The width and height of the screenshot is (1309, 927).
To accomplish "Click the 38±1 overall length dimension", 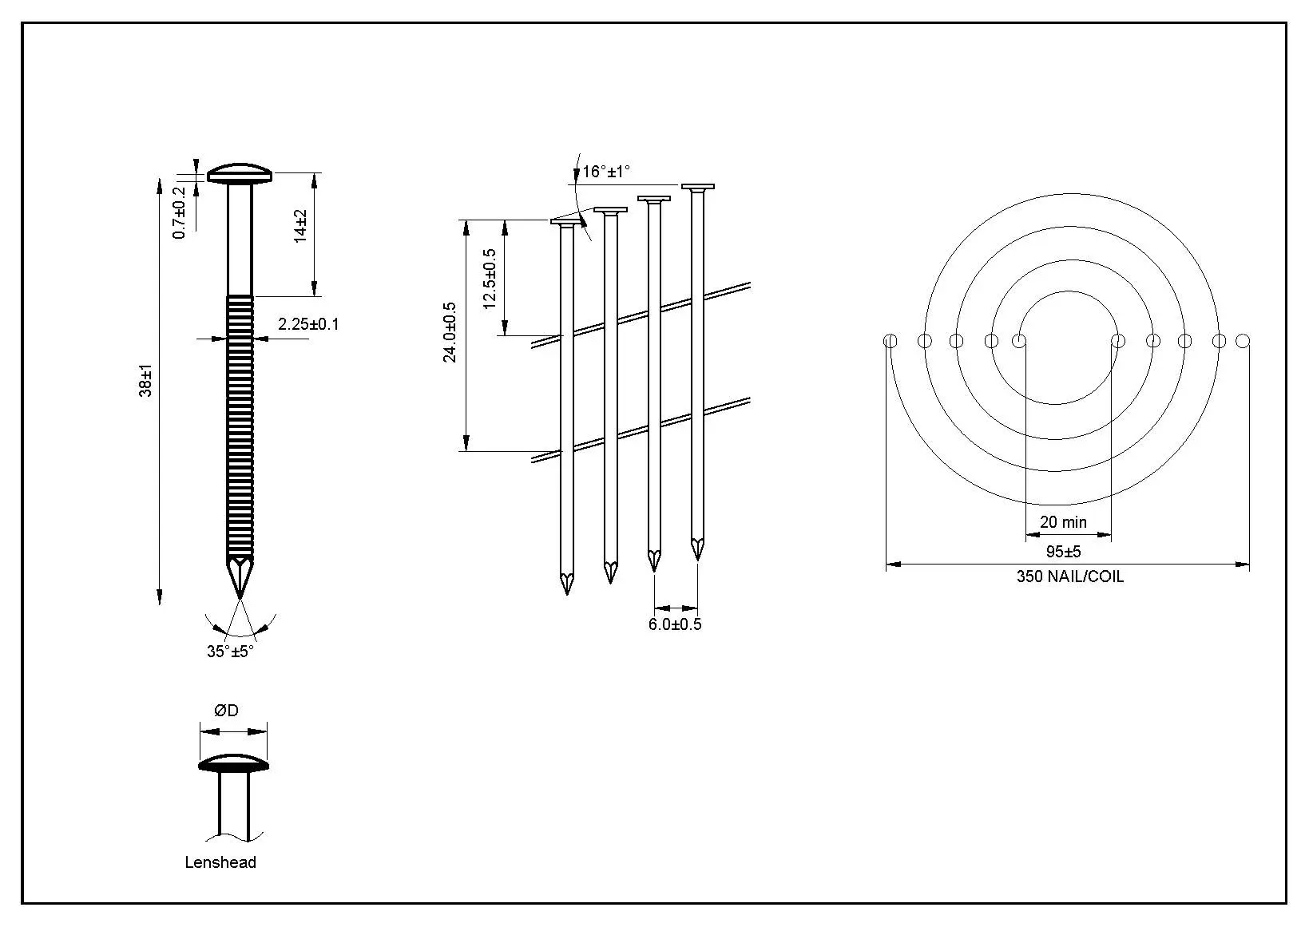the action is coord(145,381).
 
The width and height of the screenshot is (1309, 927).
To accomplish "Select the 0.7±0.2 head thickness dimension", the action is coord(180,212).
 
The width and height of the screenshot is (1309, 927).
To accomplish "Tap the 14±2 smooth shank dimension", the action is coord(300,226).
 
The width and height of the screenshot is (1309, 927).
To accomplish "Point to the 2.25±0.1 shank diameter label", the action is coord(308,324).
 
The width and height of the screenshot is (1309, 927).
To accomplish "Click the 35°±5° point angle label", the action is coord(230,652).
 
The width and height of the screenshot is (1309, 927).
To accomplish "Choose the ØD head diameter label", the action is coord(226,711).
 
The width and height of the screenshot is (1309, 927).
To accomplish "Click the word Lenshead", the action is coord(220,862).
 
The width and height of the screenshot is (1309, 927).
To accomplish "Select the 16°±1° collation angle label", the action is coord(607,171).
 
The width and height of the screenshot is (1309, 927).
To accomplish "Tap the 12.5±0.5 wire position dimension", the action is coord(490,279).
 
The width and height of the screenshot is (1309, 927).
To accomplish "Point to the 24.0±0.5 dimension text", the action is coord(450,332).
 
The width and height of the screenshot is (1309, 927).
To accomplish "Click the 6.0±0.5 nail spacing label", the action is coord(675,624).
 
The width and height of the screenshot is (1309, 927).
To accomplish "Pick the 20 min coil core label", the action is coord(1063,521).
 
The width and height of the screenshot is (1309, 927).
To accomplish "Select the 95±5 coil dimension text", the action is coord(1064,552).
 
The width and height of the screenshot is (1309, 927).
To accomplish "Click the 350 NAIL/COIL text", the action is coord(1070,576).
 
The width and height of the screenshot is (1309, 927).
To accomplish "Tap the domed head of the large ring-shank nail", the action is coord(240,173).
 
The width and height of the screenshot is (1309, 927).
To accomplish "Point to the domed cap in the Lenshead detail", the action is coord(233,763).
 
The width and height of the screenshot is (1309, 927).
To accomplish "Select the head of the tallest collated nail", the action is coord(698,186).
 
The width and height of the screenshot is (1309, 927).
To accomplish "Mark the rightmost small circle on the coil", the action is coord(1243,341).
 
